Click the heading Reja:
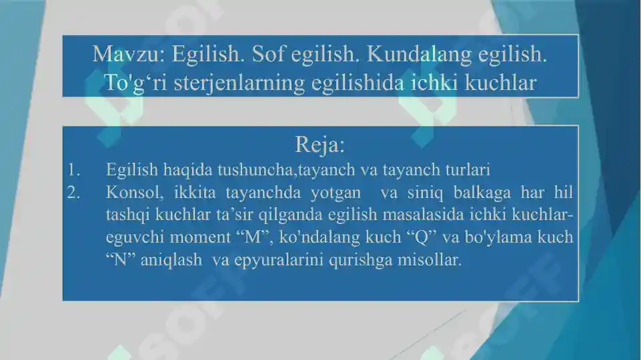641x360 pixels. coord(319,144)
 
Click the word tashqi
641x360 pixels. coord(127,215)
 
